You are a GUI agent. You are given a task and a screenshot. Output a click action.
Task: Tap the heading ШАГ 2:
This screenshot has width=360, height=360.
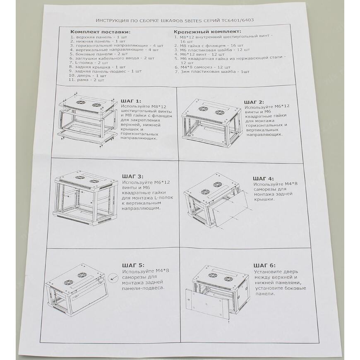254,102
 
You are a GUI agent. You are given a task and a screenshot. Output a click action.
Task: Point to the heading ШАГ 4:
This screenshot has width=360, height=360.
263,178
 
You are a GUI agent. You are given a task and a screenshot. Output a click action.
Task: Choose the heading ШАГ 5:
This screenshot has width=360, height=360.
133,265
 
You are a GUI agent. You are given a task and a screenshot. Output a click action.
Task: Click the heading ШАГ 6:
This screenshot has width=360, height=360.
264,265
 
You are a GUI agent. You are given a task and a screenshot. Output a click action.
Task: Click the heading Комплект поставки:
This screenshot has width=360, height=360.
100,32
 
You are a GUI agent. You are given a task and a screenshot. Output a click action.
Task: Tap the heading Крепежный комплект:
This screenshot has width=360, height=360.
207,31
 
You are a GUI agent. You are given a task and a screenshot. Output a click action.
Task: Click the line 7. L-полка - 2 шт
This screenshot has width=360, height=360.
89,62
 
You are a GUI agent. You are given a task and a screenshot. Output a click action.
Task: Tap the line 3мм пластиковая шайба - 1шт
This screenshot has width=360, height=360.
212,72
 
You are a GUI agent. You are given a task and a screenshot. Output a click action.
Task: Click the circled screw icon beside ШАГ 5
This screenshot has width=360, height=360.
112,278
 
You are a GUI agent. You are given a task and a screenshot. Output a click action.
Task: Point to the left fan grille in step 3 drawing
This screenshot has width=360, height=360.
79,178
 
